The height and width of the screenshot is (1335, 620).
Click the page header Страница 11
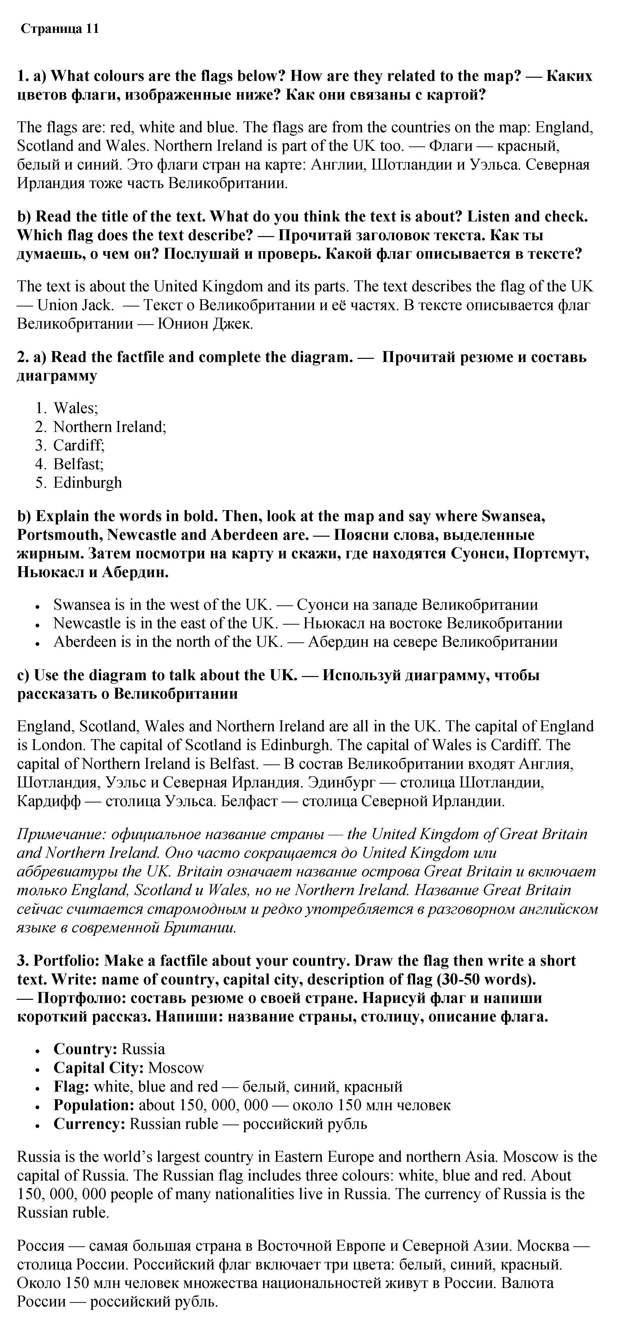pyautogui.click(x=60, y=29)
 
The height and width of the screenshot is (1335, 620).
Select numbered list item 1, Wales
pyautogui.click(x=76, y=408)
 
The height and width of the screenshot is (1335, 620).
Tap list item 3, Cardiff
pyautogui.click(x=79, y=446)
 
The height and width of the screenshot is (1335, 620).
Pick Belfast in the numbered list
pyautogui.click(x=78, y=464)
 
